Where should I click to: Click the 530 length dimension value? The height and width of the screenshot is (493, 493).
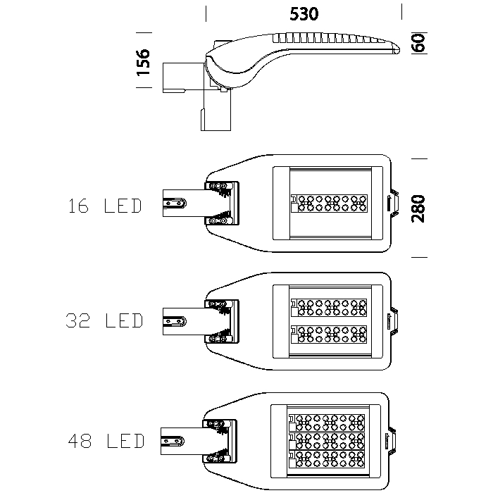click(304, 14)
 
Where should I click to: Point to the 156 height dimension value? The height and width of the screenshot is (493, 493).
click(143, 62)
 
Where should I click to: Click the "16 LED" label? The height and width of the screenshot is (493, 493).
click(105, 206)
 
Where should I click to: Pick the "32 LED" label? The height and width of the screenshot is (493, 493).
click(105, 321)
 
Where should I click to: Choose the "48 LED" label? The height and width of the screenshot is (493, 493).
click(106, 442)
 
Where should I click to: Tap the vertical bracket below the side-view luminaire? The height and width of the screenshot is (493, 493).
click(216, 111)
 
